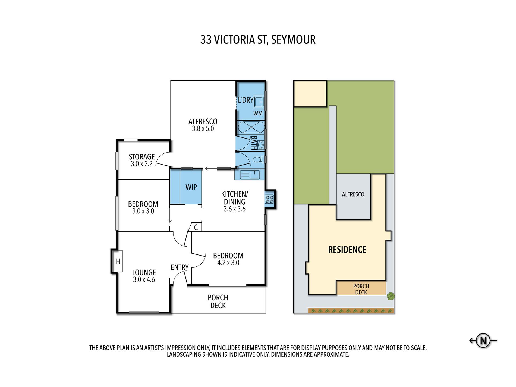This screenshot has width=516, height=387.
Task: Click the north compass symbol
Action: [x=483, y=340]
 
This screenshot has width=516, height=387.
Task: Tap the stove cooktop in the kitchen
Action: [x=269, y=199]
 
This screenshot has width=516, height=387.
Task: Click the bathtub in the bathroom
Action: [x=251, y=127]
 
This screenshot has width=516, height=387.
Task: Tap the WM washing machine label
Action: [x=258, y=113]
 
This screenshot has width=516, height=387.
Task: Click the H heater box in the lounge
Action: [x=118, y=261]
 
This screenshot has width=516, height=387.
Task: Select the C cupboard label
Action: [x=196, y=227]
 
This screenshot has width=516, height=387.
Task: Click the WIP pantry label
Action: [x=191, y=187]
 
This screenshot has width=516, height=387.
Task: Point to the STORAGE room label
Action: [x=141, y=157]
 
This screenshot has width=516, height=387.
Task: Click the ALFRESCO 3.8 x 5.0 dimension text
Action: [x=203, y=129]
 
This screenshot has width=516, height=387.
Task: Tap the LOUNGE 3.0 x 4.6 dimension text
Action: [x=144, y=280]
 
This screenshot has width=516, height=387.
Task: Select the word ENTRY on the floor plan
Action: [x=180, y=268]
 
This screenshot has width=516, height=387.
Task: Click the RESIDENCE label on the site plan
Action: [x=347, y=250]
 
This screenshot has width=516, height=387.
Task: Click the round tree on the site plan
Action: [x=391, y=296]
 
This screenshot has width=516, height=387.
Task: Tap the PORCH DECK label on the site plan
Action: [x=361, y=289]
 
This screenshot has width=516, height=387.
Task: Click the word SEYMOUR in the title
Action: [x=293, y=40]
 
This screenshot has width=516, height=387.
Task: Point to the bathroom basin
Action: [x=261, y=145]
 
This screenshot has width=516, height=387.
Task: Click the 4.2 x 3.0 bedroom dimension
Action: [x=228, y=263]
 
